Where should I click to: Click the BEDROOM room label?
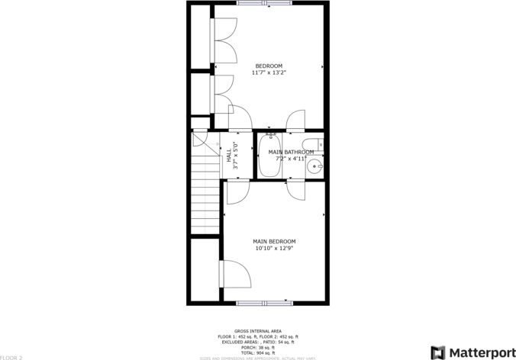269,66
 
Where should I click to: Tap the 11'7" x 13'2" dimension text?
269,73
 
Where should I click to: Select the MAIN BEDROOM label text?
274,241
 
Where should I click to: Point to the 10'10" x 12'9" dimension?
274,248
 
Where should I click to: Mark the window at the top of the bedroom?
258,3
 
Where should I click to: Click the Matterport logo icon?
438,352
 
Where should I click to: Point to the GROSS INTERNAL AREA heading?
257,331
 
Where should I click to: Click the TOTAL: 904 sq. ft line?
257,352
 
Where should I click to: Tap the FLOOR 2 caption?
11,357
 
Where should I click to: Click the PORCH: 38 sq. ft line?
257,347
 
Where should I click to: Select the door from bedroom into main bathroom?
295,121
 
